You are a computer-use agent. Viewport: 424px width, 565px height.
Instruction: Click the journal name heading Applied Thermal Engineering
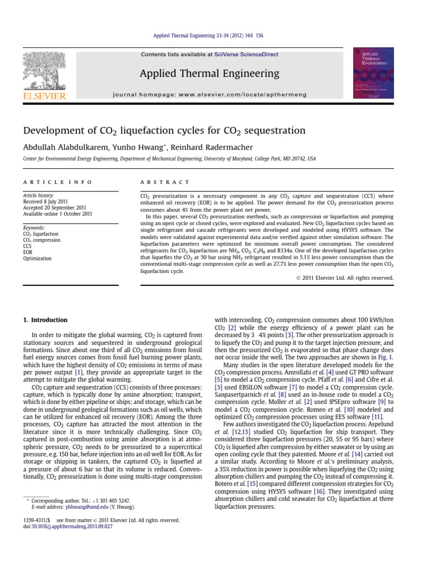[210, 74]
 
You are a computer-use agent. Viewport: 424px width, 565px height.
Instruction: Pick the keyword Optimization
[37, 258]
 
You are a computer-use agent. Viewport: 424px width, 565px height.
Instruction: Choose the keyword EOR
[28, 252]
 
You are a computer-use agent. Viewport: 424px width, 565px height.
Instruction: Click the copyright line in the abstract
[345, 278]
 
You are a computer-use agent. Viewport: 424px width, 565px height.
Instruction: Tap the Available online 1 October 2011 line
[57, 214]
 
